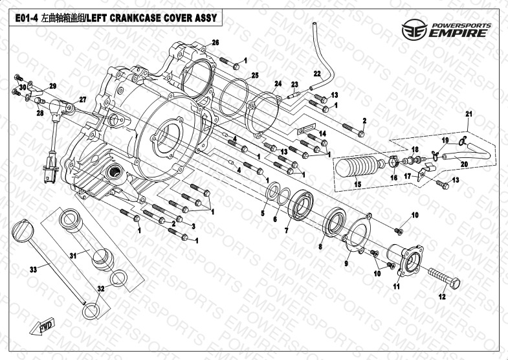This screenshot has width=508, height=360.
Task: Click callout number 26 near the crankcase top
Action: click(215, 42)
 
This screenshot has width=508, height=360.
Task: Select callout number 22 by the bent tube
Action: click(317, 73)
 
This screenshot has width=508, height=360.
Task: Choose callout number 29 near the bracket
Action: click(53, 85)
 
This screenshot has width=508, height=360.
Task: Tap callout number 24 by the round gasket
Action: click(278, 84)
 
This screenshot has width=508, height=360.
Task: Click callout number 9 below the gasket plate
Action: click(347, 265)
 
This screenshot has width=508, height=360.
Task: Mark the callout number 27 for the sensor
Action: click(82, 99)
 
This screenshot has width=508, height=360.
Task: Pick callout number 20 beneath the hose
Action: click(464, 164)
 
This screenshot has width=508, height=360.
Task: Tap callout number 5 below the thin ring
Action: click(263, 212)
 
